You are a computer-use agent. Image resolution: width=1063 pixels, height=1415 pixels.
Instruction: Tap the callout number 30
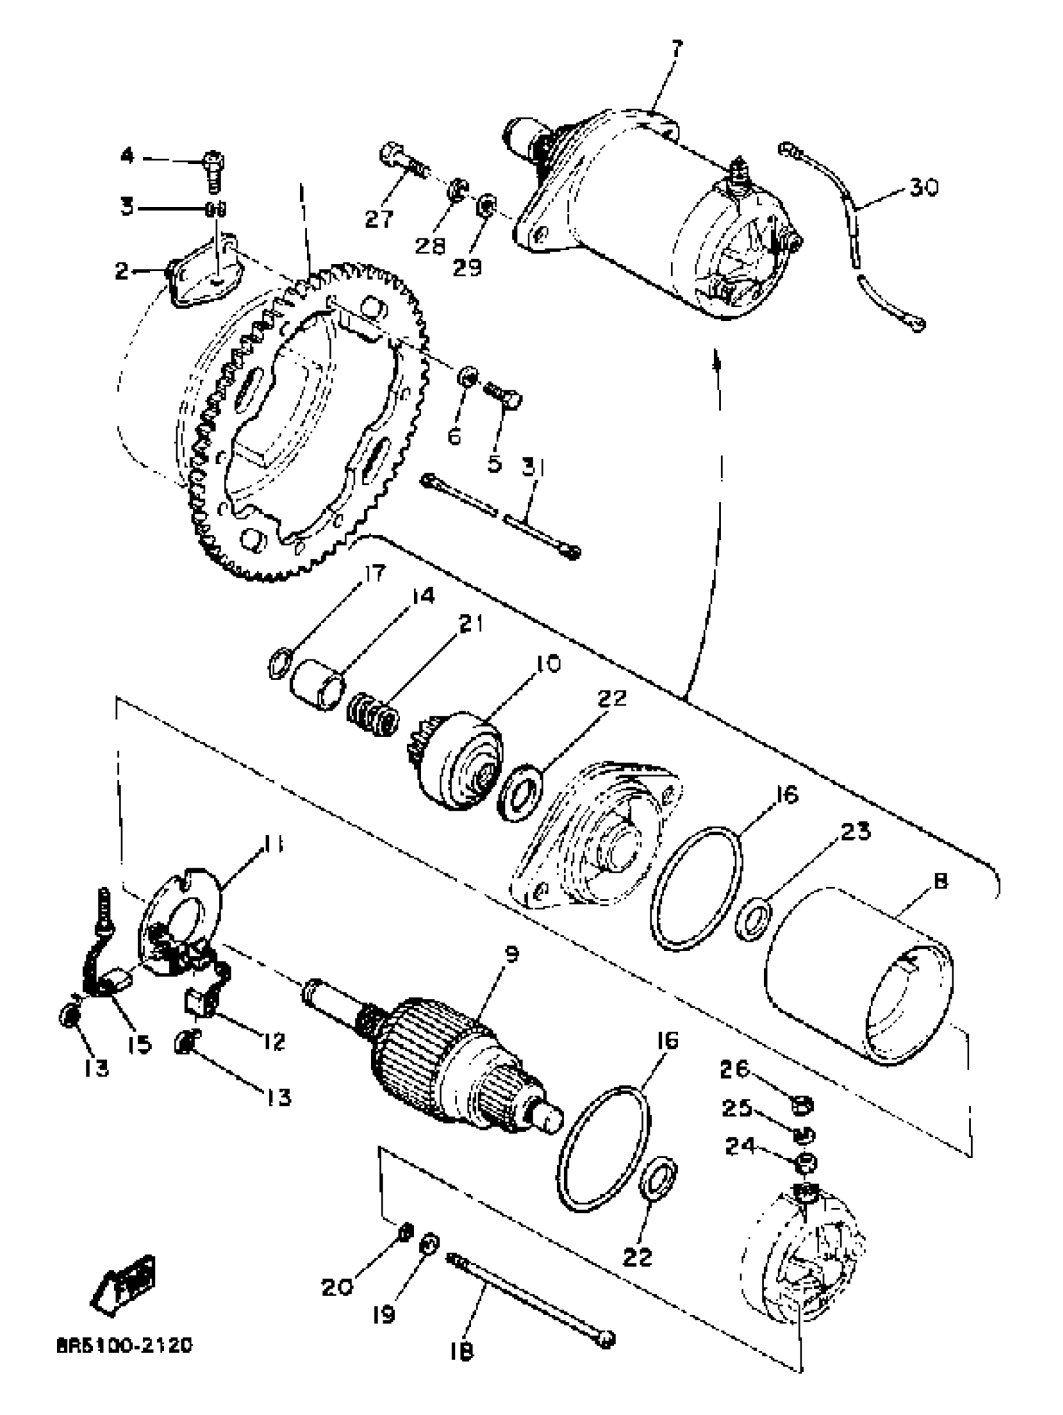(x=924, y=188)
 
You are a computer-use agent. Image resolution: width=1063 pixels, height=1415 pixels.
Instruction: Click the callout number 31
(x=532, y=470)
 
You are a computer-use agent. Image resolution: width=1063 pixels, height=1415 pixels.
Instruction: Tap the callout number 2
(x=121, y=271)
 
